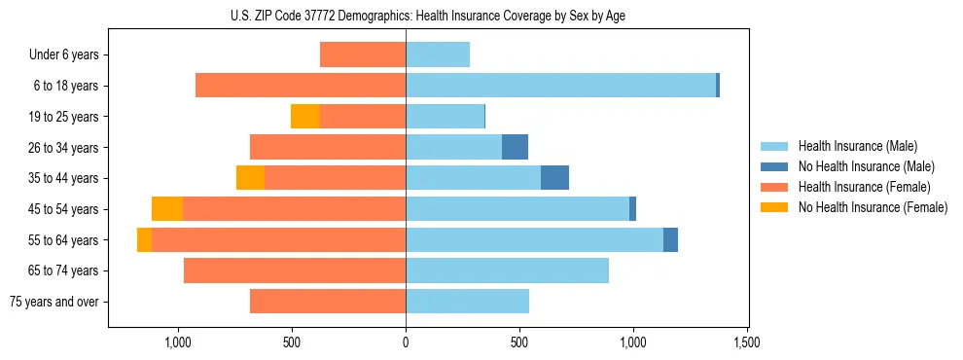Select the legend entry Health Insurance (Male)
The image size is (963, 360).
click(857, 146)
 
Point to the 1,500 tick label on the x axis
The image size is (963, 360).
click(747, 343)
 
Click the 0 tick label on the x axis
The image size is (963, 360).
click(406, 343)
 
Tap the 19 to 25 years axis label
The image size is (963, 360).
click(64, 117)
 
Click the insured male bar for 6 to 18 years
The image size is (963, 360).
click(560, 86)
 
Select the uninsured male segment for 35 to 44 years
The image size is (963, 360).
click(554, 178)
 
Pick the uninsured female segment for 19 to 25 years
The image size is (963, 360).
click(305, 117)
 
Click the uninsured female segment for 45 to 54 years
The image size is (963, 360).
click(167, 209)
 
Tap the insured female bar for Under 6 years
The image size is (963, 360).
click(363, 55)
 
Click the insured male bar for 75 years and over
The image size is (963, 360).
click(467, 302)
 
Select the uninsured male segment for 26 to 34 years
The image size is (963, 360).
click(515, 148)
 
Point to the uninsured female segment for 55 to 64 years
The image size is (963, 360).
click(144, 240)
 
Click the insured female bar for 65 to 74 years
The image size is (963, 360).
click(295, 270)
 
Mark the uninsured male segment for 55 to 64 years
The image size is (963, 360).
click(670, 240)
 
